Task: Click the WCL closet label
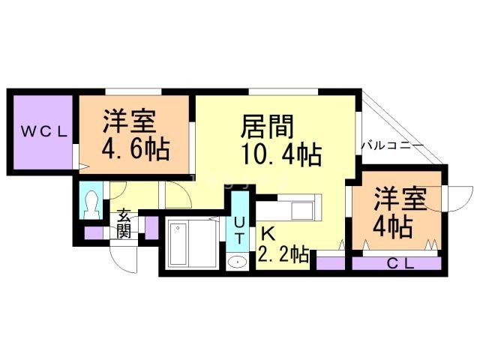(43, 132)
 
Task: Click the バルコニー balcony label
(392, 143)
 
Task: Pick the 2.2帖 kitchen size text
(283, 255)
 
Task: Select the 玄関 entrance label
(124, 223)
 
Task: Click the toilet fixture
(93, 203)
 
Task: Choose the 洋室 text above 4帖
(400, 200)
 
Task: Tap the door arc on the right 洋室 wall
(454, 196)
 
